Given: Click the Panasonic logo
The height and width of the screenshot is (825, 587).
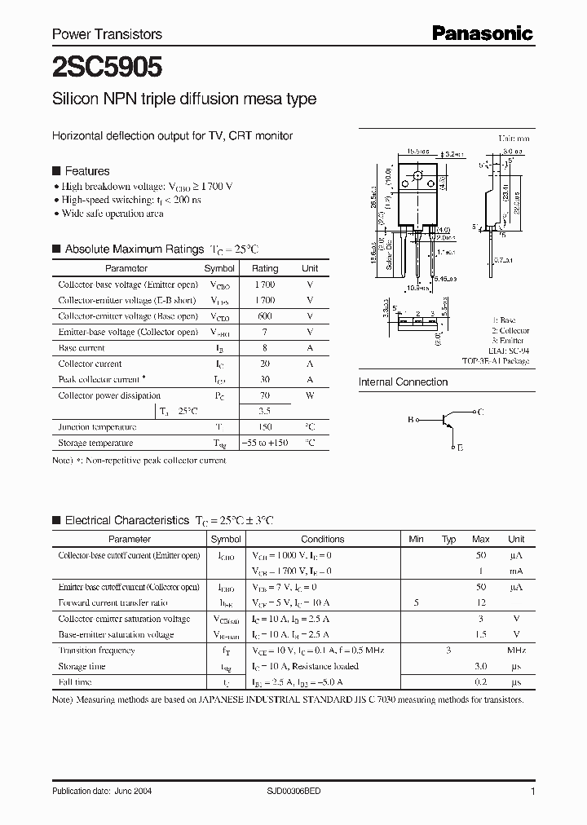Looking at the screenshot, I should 482,33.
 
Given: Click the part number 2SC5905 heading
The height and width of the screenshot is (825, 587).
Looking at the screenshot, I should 96,65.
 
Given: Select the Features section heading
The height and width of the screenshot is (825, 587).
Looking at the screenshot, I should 86,171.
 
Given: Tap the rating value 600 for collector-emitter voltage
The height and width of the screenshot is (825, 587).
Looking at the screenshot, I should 264,316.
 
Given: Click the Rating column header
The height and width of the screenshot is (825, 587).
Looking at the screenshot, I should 264,268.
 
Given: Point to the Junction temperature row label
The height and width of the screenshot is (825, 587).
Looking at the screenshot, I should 97,427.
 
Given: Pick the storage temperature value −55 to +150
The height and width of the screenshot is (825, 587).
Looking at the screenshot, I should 264,443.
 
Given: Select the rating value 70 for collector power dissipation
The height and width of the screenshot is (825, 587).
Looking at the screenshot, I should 264,395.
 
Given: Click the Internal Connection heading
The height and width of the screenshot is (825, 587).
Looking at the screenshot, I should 403,382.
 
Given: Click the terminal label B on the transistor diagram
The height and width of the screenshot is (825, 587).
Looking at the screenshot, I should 410,420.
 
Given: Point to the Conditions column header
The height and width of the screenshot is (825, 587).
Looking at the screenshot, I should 322,539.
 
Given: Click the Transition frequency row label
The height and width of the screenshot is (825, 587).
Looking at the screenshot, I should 96,651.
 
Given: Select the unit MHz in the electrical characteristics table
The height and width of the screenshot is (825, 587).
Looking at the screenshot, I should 515,651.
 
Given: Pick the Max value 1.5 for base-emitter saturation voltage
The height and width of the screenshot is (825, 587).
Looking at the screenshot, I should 480,634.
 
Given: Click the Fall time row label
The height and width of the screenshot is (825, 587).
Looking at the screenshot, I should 76,682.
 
